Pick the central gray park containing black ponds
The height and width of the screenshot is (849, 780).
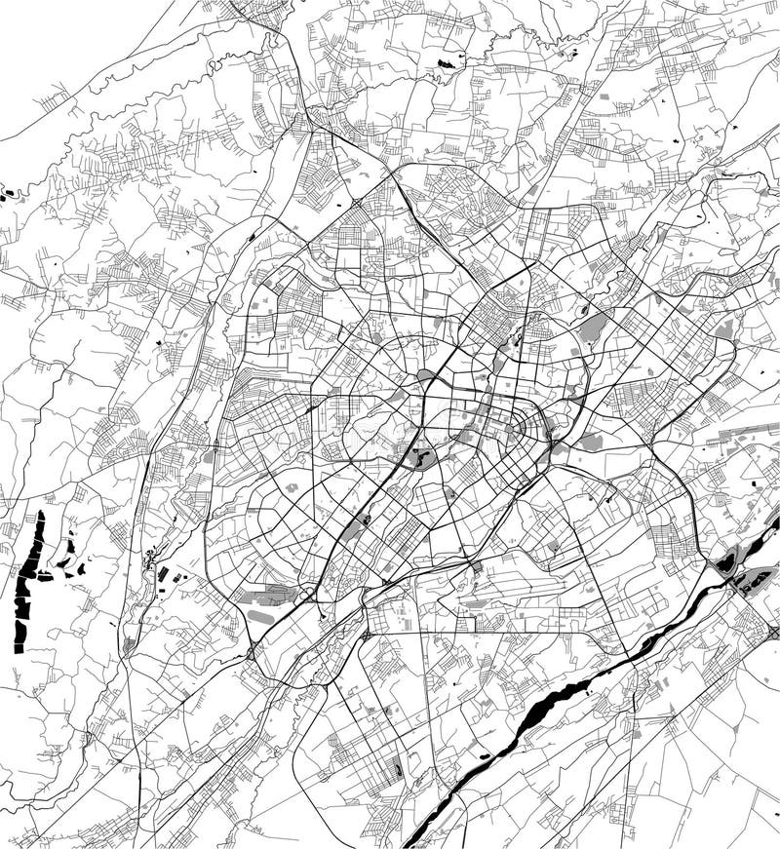pyautogui.click(x=421, y=456)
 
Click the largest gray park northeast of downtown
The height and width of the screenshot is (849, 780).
pyautogui.click(x=592, y=328)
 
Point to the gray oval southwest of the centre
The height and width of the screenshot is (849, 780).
pyautogui.click(x=261, y=616)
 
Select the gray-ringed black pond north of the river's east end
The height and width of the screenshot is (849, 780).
pyautogui.click(x=726, y=562)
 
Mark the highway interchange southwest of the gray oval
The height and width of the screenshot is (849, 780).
pyautogui.click(x=252, y=651)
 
